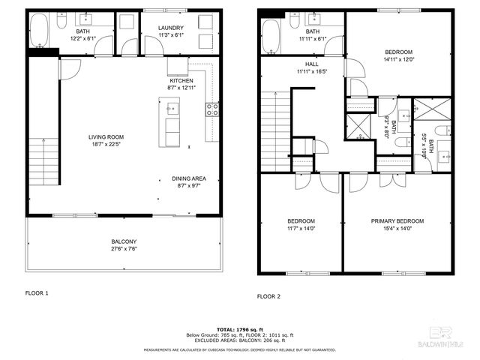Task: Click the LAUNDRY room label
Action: coord(171,28)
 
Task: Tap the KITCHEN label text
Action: coord(181,80)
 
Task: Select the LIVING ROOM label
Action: coord(106,136)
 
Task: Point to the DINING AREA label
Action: coord(189,178)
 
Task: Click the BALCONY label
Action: coord(124,241)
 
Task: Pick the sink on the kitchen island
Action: coord(172,109)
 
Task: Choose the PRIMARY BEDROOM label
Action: coord(397,220)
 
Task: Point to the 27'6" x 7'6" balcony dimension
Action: coord(124,248)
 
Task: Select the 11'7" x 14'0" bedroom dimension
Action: coord(301,228)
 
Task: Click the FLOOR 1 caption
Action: coord(37,293)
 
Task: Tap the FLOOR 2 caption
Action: coord(268,296)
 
